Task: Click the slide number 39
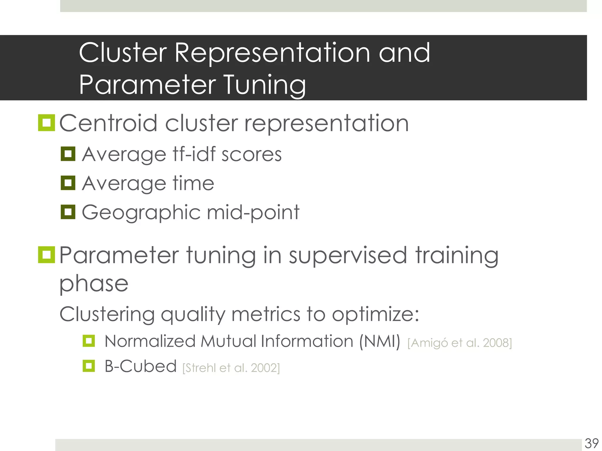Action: [x=592, y=443]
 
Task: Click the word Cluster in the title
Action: [x=123, y=53]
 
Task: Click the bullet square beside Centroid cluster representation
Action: [x=46, y=123]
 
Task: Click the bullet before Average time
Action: [x=68, y=183]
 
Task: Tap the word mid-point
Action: [x=253, y=212]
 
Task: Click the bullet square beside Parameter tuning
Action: [x=46, y=255]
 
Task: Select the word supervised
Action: [x=348, y=255]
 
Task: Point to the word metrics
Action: [x=266, y=314]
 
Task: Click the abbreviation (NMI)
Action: [x=380, y=341]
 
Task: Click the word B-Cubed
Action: [x=141, y=366]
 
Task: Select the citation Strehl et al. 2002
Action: [x=231, y=368]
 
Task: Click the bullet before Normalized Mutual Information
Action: [x=89, y=341]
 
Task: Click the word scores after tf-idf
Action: [x=251, y=154]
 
